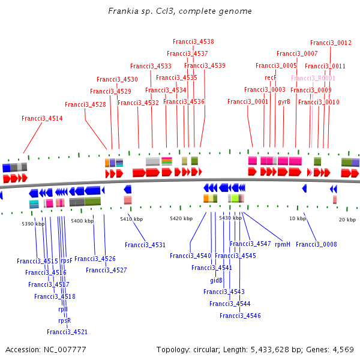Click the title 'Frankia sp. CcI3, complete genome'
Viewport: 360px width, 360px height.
(180, 11)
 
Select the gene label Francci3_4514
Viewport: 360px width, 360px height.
(42, 118)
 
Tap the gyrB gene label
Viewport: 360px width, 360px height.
(284, 102)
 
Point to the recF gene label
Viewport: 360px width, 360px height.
(270, 77)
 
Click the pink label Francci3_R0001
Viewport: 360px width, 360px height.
(313, 78)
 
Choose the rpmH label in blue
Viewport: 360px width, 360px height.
(283, 244)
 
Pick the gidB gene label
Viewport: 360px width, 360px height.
(216, 280)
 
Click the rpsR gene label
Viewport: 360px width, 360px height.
(65, 320)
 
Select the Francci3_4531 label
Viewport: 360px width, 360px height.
(145, 245)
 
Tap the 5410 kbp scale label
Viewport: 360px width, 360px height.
(131, 219)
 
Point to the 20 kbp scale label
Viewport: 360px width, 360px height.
(347, 220)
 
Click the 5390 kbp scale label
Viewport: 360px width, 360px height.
(33, 224)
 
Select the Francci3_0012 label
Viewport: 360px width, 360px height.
(331, 43)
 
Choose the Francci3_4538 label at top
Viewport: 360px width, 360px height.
(193, 41)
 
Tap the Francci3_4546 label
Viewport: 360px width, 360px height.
(240, 316)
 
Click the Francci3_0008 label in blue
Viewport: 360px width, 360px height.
(316, 244)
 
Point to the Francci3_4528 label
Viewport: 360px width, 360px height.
(85, 104)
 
